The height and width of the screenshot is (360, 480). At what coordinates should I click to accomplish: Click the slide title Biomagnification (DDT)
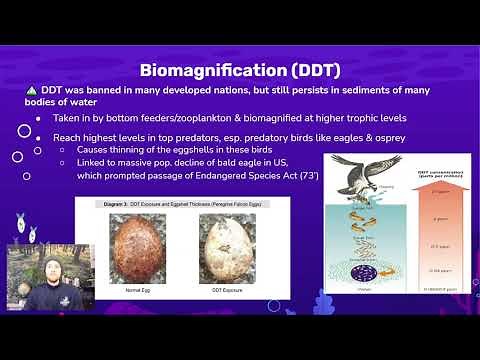tap(240, 70)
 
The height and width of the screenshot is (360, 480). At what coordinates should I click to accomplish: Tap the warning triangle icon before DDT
tap(31, 91)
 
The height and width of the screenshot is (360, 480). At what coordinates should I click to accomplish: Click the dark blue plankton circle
tap(363, 271)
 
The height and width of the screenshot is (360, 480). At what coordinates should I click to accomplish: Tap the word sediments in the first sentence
tap(345, 91)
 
